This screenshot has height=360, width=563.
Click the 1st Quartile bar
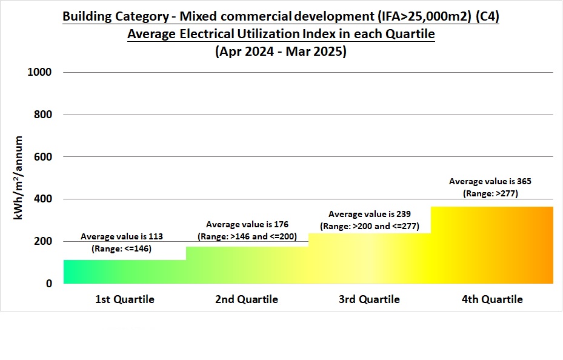pos(124,272)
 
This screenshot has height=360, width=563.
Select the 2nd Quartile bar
pos(247,265)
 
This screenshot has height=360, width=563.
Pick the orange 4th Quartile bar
pos(491,245)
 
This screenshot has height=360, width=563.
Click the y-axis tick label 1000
pos(40,72)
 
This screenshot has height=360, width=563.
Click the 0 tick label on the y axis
pos(49,284)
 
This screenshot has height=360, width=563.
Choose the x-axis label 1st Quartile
pos(125,299)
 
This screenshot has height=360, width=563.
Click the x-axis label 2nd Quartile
pos(247,299)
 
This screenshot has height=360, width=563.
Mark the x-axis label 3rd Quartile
pos(369,299)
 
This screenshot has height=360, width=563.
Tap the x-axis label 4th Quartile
pos(491,299)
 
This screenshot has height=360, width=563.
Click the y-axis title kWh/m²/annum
pos(19,178)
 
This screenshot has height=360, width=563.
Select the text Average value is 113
pos(122,236)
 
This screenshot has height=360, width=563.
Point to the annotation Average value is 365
pos(490,181)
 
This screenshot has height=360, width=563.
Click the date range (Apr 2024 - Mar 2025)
pos(281,52)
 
